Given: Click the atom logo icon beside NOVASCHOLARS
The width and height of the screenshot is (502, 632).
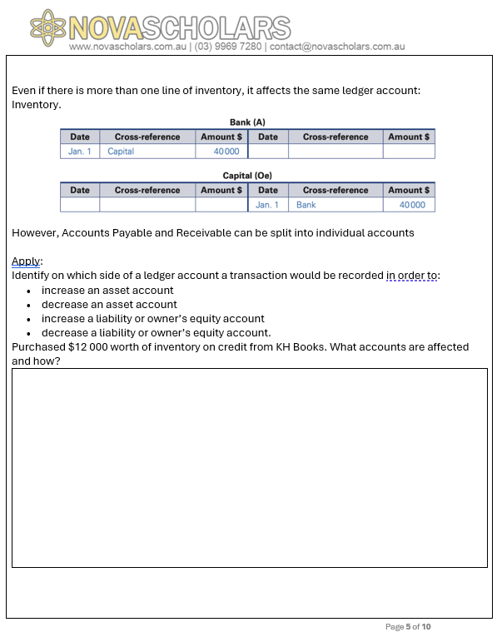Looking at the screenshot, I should click(x=47, y=28).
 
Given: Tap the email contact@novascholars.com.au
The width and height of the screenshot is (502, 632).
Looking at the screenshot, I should click(x=337, y=47).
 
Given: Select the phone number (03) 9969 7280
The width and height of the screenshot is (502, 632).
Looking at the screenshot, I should click(x=227, y=47).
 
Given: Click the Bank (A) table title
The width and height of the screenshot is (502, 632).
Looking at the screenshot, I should click(x=247, y=122).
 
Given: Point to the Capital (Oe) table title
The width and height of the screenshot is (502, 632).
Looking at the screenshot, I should click(x=247, y=176).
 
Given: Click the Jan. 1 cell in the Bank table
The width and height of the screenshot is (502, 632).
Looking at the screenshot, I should click(x=80, y=152).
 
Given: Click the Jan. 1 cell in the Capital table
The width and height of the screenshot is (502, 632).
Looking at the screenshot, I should click(x=267, y=205).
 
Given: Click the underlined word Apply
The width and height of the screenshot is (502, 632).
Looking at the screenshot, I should click(x=26, y=261).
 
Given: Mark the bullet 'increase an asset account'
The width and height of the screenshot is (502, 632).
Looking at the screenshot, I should click(x=107, y=291).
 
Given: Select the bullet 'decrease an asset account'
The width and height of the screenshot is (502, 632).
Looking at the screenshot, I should click(x=109, y=305).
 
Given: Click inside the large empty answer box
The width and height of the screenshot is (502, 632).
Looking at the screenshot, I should click(x=250, y=467).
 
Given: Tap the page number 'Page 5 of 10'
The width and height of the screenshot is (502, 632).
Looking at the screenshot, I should click(x=408, y=627).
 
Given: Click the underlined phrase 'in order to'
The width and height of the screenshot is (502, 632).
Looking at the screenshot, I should click(x=412, y=276).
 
